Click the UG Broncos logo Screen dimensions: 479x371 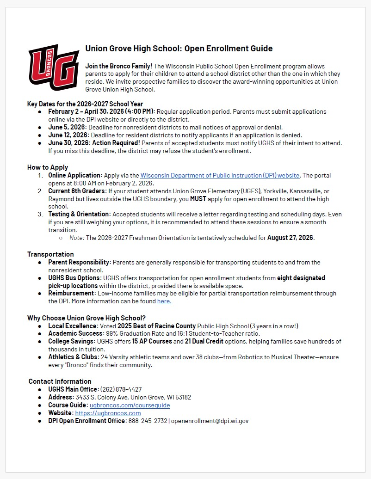tap(54, 68)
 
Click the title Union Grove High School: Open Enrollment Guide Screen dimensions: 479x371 tap(179, 49)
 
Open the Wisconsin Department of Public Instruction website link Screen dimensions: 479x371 tap(220, 175)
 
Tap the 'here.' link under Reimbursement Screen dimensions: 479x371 tap(164, 301)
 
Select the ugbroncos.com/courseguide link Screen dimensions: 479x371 tap(130, 405)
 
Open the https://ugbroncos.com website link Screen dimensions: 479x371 tap(108, 413)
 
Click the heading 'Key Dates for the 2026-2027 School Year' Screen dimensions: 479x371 tap(85, 104)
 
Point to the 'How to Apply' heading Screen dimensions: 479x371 tap(48, 167)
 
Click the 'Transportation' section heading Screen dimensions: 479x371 tap(50, 254)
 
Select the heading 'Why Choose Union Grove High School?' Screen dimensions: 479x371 tap(87, 318)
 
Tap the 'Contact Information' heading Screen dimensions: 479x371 tap(60, 381)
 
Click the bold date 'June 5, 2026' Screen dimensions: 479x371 tap(67, 127)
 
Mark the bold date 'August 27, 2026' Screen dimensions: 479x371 tap(291, 238)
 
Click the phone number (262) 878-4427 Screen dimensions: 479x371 tap(121, 389)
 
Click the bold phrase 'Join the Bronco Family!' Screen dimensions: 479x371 tap(119, 66)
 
